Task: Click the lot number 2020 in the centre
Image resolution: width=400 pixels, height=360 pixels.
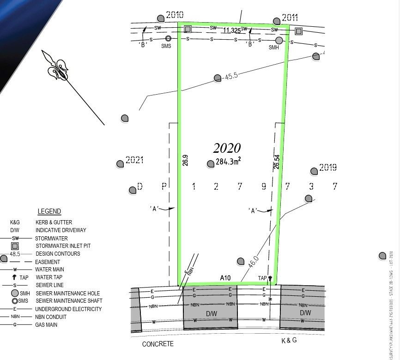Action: pyautogui.click(x=227, y=148)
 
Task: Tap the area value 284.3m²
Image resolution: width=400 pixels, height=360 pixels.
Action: pyautogui.click(x=228, y=162)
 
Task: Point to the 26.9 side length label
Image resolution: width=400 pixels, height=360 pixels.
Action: pyautogui.click(x=185, y=160)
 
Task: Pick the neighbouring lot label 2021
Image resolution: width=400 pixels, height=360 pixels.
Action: pyautogui.click(x=135, y=160)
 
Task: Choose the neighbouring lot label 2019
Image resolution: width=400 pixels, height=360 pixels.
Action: pyautogui.click(x=328, y=168)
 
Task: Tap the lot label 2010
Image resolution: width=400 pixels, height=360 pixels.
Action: pyautogui.click(x=175, y=15)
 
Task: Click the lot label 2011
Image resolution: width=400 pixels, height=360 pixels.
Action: pyautogui.click(x=290, y=18)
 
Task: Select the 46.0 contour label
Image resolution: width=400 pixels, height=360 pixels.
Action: pyautogui.click(x=253, y=262)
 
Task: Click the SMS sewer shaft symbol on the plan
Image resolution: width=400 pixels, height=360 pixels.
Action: pyautogui.click(x=168, y=39)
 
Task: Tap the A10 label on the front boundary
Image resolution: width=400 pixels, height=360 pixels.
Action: pyautogui.click(x=225, y=278)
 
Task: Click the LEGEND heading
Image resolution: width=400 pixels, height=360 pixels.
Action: pyautogui.click(x=49, y=211)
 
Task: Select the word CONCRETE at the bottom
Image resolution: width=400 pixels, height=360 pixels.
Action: pyautogui.click(x=158, y=344)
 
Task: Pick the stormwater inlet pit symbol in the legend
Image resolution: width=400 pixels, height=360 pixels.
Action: pyautogui.click(x=15, y=246)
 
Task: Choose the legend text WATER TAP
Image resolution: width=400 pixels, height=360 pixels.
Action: pyautogui.click(x=50, y=277)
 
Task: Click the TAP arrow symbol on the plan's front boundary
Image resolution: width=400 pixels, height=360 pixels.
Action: pyautogui.click(x=270, y=278)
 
